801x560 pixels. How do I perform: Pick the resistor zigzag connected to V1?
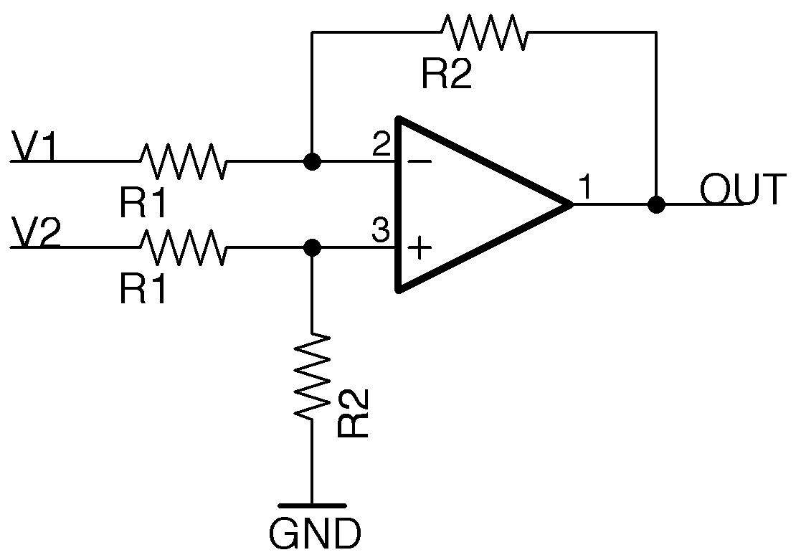click(184, 161)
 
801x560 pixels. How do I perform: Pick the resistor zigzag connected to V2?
click(184, 247)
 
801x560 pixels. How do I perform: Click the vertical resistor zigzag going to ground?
click(313, 376)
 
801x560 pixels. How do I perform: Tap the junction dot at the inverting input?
click(312, 161)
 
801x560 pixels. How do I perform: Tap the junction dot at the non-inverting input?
click(312, 247)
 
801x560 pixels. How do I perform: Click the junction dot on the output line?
click(655, 204)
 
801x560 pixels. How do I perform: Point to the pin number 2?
click(381, 146)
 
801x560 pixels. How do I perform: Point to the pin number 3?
click(381, 231)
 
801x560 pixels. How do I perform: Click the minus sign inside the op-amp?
click(420, 162)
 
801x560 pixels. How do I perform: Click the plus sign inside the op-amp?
click(420, 249)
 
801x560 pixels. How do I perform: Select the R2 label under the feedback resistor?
click(447, 75)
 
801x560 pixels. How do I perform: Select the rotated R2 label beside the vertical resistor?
click(354, 414)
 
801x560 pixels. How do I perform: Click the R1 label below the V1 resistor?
click(143, 204)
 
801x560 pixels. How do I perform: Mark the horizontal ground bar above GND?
click(313, 506)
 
